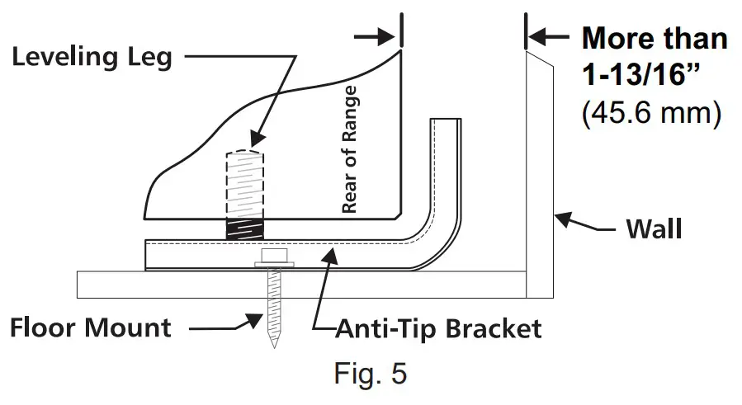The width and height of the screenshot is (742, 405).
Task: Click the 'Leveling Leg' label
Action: point(92,57)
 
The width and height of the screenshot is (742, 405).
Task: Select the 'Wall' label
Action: point(654,228)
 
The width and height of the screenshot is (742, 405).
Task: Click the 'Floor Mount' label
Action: point(90,327)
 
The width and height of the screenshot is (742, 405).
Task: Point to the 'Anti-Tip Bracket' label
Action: point(438,328)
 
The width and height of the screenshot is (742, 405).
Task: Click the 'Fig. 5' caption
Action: point(371,373)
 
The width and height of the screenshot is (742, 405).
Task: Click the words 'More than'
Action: point(655,38)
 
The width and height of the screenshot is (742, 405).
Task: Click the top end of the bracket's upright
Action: point(443,121)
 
